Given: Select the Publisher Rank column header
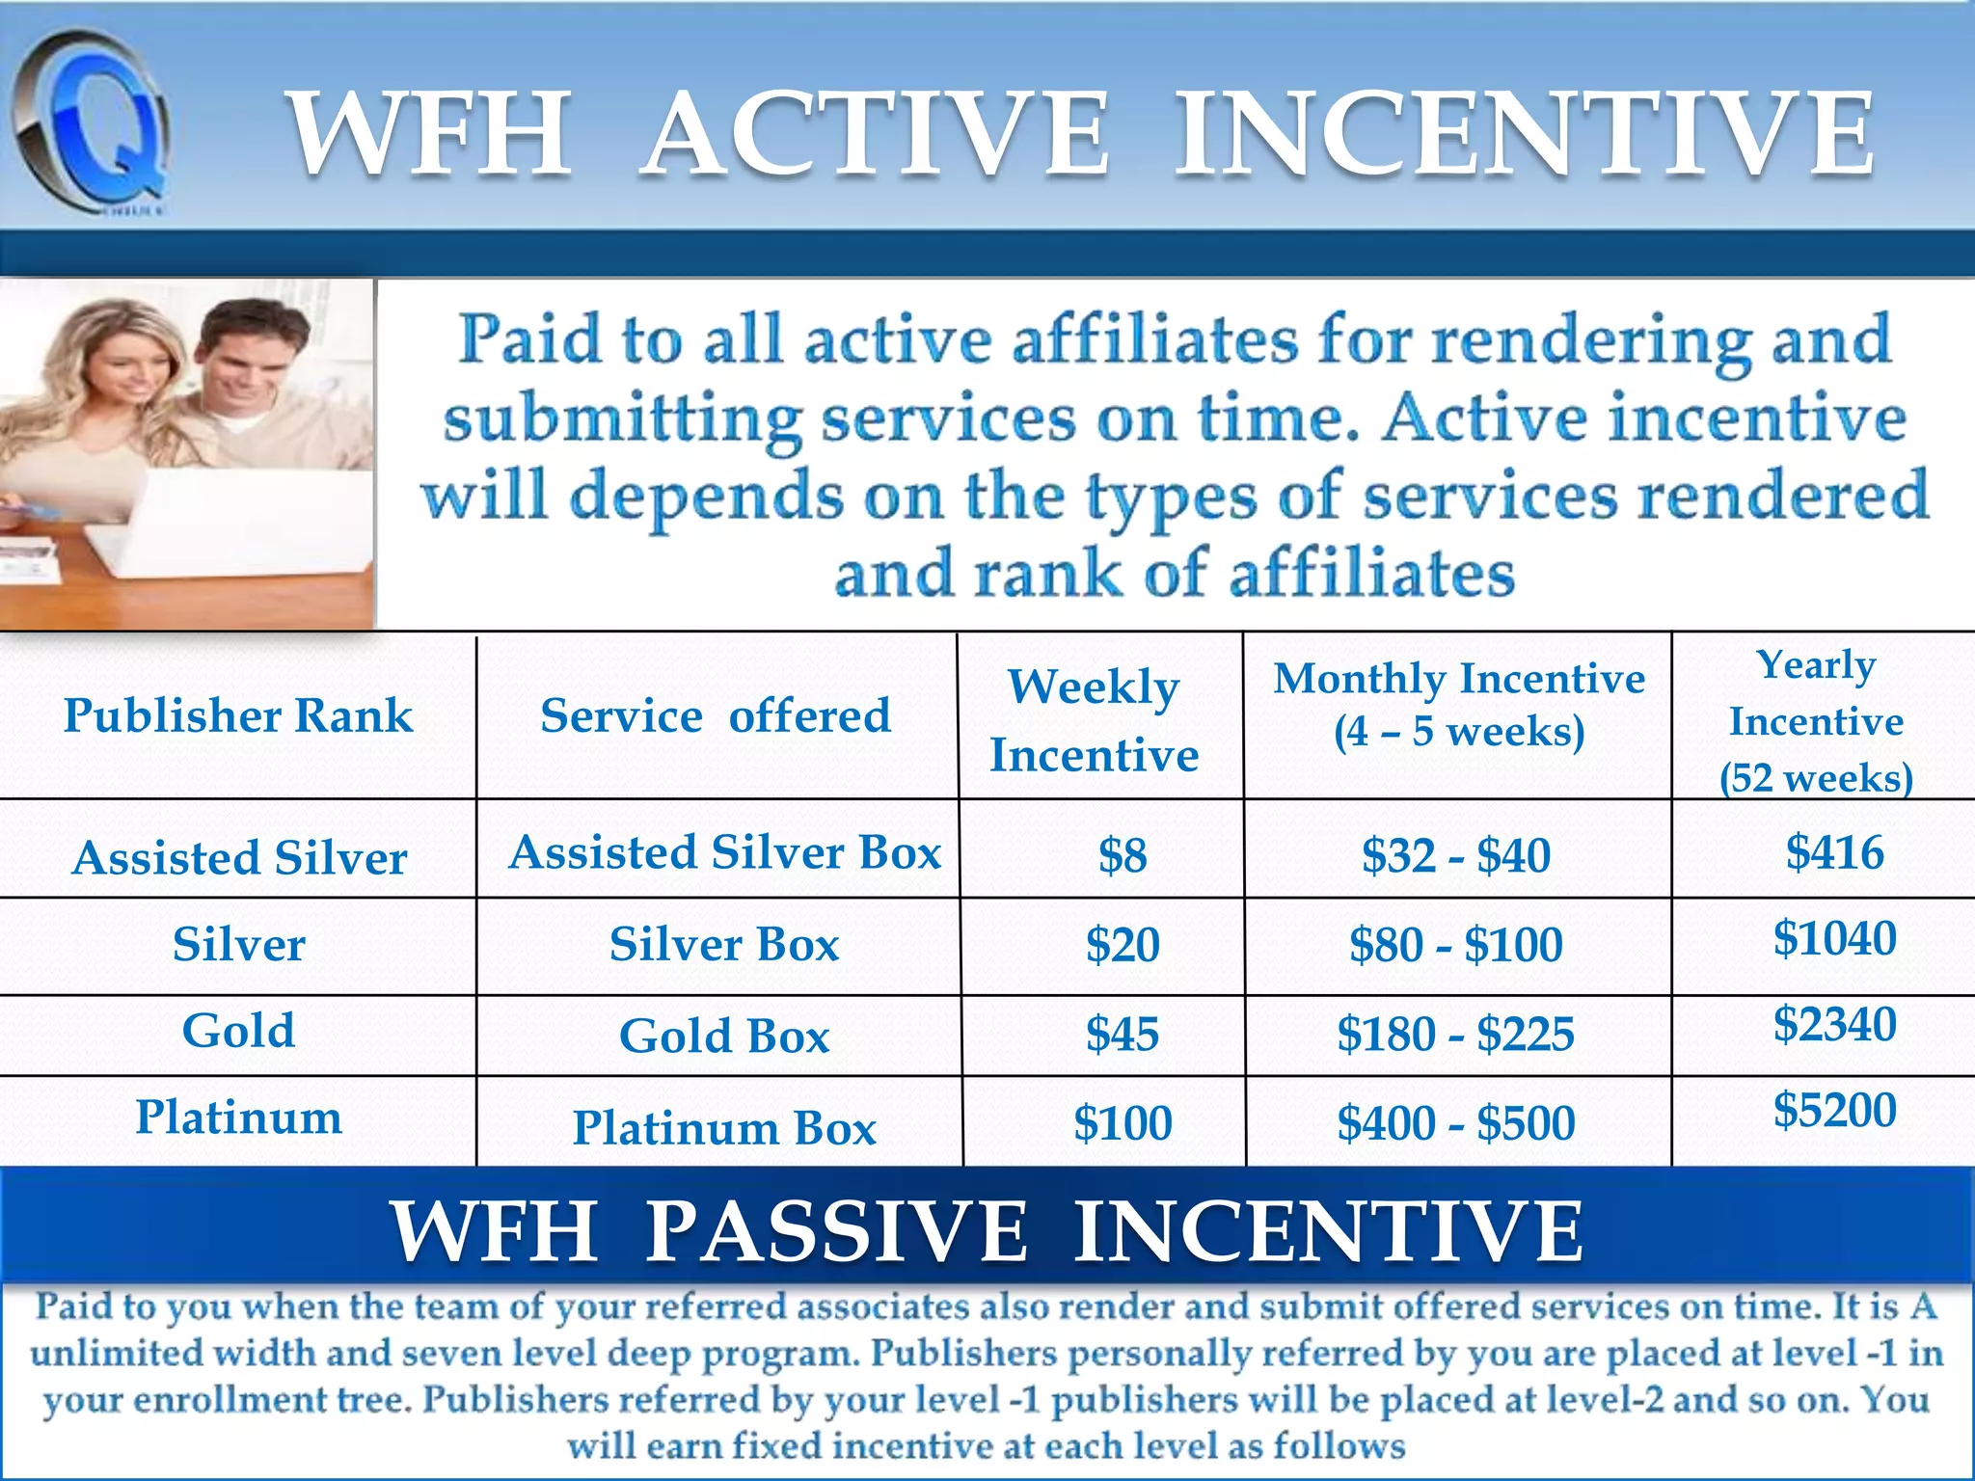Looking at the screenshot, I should [238, 715].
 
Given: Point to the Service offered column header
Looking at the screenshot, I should [716, 715].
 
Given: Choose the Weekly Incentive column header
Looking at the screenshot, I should [1095, 720].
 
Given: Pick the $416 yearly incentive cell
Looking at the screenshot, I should [1834, 852].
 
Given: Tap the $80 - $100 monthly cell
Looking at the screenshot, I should [1455, 944].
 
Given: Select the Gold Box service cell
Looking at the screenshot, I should [724, 1036].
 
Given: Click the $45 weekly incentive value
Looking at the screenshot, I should [1123, 1034].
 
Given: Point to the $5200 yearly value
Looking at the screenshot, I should [1834, 1109].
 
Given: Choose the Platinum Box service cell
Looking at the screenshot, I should [724, 1127].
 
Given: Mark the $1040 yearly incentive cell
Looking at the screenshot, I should [1834, 937].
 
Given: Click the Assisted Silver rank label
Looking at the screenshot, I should [239, 857].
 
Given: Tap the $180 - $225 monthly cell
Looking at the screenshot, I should [1455, 1034].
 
